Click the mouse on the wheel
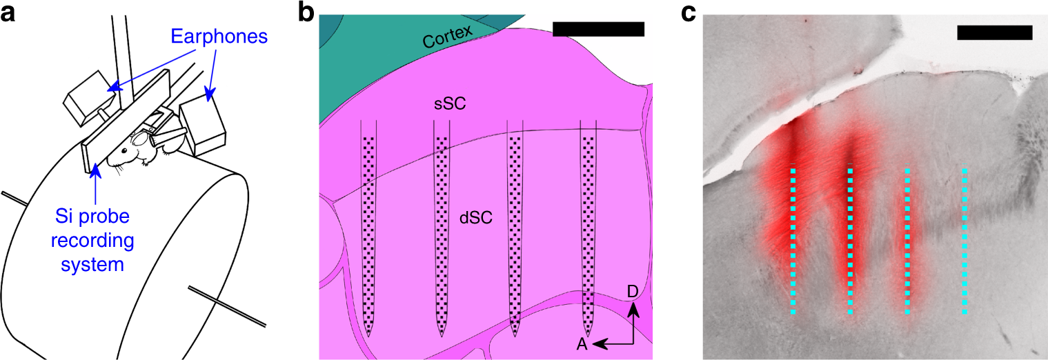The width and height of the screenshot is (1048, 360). point(138,149)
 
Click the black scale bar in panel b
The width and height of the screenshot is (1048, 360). point(598,29)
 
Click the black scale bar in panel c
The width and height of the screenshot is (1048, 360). point(994,32)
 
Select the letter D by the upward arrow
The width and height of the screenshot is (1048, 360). point(632,292)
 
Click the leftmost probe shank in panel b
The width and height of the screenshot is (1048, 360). point(370,228)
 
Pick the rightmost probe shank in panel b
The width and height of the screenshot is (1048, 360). point(588,228)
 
